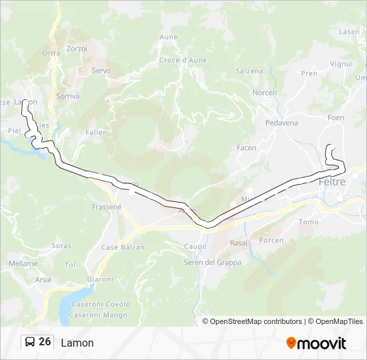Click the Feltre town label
[332, 182]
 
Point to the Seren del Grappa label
[212, 262]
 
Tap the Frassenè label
[107, 207]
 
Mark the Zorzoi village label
[77, 49]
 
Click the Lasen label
[349, 31]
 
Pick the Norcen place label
[264, 93]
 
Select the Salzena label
[249, 71]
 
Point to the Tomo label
[309, 222]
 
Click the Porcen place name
[271, 240]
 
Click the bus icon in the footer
[30, 342]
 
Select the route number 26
[45, 342]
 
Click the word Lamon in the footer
[77, 343]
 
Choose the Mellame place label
[23, 263]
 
